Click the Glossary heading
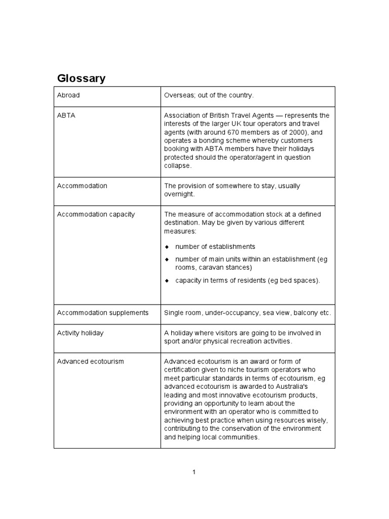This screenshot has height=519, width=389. [x=82, y=79]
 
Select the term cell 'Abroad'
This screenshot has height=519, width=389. [x=68, y=95]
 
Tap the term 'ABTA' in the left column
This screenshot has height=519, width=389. [x=65, y=116]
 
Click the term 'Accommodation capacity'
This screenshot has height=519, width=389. [x=96, y=214]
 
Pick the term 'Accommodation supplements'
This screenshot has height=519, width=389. [x=102, y=313]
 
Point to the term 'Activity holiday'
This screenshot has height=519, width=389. [x=80, y=333]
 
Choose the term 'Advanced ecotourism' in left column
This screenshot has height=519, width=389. [x=90, y=361]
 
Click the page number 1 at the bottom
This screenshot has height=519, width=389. [x=194, y=472]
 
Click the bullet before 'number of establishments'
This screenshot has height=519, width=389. [x=167, y=247]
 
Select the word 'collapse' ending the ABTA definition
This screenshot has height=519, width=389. [x=177, y=166]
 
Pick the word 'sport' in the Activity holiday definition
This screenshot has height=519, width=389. [x=172, y=341]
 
